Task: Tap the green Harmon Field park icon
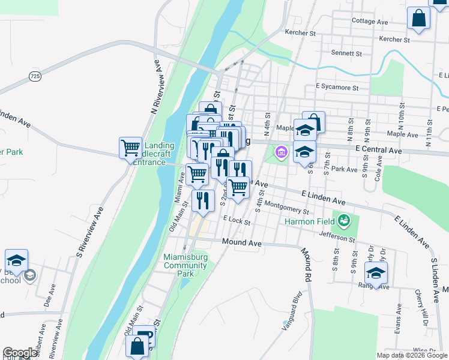pyautogui.click(x=343, y=221)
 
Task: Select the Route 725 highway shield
pyautogui.click(x=35, y=76)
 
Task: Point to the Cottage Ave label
pyautogui.click(x=370, y=21)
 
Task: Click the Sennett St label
pyautogui.click(x=346, y=53)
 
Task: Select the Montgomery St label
pyautogui.click(x=286, y=208)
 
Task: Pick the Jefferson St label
pyautogui.click(x=337, y=237)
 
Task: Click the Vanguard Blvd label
pyautogui.click(x=291, y=311)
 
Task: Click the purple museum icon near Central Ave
pyautogui.click(x=280, y=154)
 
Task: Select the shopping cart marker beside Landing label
pyautogui.click(x=130, y=147)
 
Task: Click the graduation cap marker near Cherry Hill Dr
pyautogui.click(x=376, y=273)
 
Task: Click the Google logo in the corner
pyautogui.click(x=20, y=353)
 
